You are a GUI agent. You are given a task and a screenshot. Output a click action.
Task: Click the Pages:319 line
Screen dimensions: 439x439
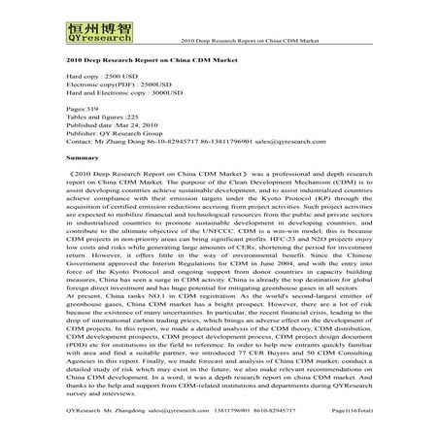pos(83,111)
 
